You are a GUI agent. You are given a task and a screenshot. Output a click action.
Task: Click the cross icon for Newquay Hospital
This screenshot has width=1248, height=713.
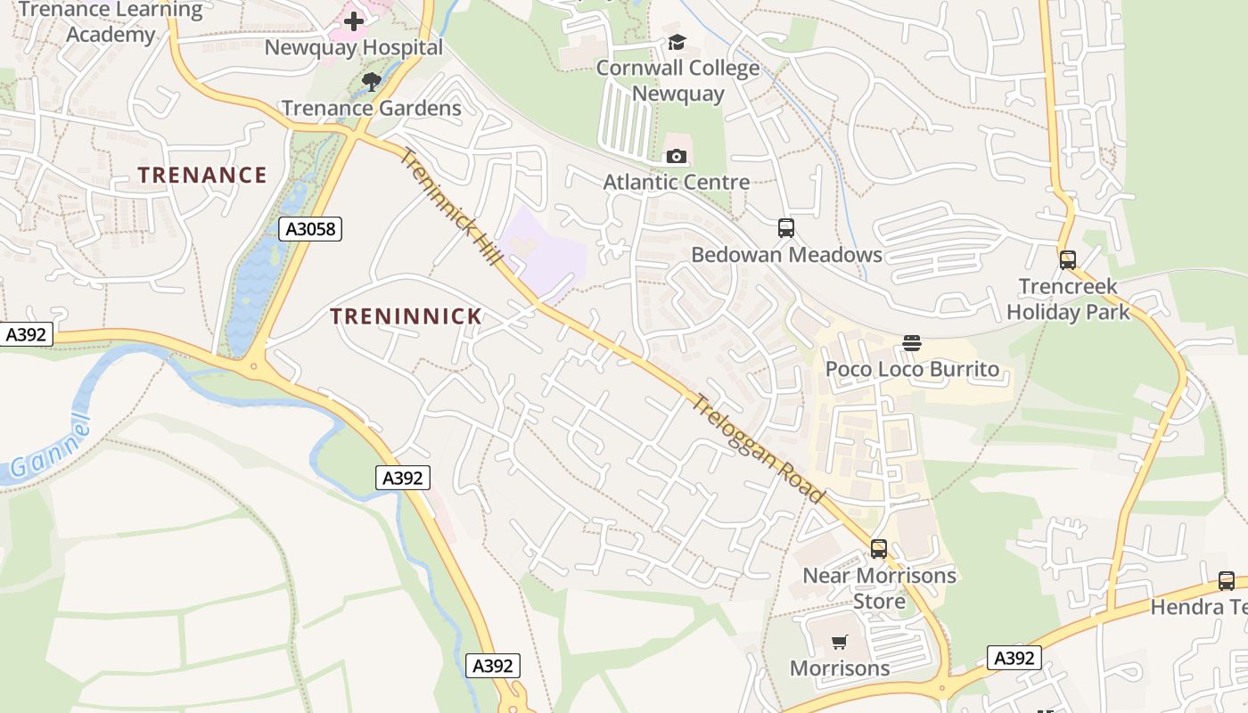[x=354, y=20]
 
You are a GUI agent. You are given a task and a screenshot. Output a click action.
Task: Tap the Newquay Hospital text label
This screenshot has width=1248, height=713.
[x=354, y=48]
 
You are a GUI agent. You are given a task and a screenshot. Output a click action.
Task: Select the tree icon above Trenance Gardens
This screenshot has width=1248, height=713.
[x=372, y=82]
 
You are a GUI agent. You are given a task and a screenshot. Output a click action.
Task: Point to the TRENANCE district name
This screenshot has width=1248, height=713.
[x=202, y=175]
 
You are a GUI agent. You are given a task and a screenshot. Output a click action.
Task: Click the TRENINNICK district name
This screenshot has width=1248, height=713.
[x=406, y=316]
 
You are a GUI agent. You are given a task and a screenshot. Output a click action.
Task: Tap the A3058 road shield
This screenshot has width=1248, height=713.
[x=310, y=229]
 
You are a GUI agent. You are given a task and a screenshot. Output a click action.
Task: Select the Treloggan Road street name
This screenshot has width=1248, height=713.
[x=758, y=448]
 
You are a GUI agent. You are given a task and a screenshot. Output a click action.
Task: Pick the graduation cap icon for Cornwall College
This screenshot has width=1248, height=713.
[x=677, y=42]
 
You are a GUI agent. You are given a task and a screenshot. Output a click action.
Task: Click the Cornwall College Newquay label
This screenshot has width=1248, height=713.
[x=677, y=80]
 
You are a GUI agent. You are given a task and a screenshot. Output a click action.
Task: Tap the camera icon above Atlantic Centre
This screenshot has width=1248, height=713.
[x=677, y=157]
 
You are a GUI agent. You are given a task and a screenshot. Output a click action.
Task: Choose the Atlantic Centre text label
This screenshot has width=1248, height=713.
[x=677, y=183]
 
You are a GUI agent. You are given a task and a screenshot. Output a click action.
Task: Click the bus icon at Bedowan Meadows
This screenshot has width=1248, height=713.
[x=785, y=228]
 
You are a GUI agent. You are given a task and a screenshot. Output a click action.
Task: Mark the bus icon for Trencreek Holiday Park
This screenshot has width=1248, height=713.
[x=1067, y=260]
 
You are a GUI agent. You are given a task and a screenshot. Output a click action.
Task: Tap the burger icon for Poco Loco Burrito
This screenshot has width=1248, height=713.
[x=911, y=343]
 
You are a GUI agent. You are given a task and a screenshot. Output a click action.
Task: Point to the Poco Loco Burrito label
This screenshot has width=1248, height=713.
[x=912, y=369]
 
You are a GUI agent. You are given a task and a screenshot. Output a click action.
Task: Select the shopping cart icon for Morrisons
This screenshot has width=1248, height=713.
[x=839, y=642]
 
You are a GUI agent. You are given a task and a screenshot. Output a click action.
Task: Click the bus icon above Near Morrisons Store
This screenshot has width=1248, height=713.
[x=879, y=549]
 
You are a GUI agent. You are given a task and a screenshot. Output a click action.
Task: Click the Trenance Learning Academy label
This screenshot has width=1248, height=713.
[x=111, y=22]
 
